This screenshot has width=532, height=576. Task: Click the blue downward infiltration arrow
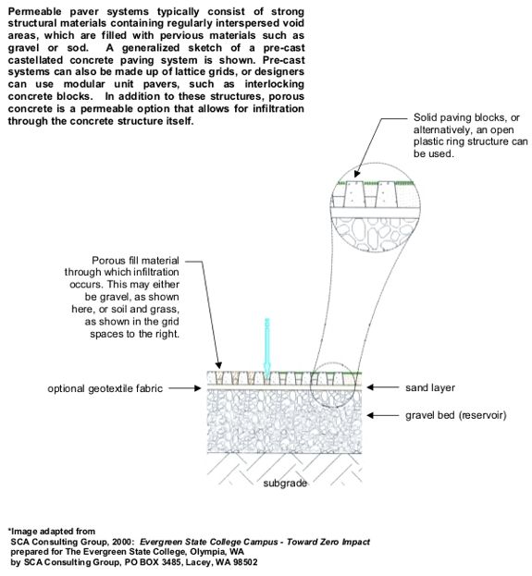point(267,349)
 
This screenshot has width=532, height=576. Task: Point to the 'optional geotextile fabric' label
point(105,389)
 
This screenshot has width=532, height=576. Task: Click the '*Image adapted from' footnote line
point(52,532)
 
